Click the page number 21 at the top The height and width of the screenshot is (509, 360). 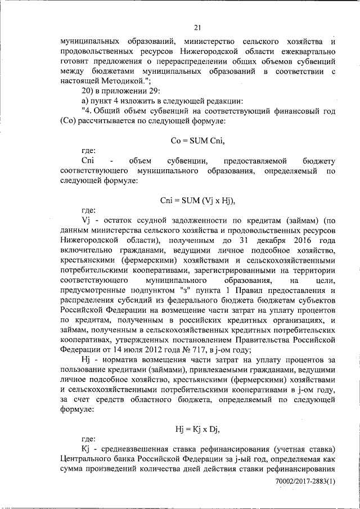tap(197, 28)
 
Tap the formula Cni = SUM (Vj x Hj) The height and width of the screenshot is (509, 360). tap(197, 200)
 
